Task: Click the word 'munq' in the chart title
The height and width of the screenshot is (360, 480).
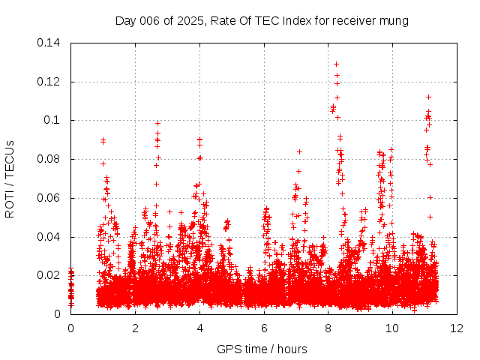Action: (393, 21)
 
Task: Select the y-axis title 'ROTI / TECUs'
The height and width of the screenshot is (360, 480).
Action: (10, 178)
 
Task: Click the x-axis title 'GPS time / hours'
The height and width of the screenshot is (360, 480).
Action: (262, 349)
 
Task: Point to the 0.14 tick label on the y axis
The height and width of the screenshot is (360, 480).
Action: (50, 42)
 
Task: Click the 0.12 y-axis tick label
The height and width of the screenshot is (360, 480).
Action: (50, 81)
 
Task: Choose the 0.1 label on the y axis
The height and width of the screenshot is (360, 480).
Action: (54, 120)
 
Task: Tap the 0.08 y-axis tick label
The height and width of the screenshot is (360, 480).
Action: (50, 159)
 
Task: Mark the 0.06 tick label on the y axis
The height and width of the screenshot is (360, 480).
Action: (50, 198)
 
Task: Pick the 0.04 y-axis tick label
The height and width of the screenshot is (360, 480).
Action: (50, 237)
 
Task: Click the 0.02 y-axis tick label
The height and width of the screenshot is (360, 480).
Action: (50, 275)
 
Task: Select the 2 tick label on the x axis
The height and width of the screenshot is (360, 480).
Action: (135, 328)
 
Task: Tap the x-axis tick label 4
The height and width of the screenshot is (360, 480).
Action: (199, 328)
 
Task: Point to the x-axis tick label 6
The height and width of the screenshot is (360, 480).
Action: (264, 328)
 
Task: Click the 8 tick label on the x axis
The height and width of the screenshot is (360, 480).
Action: (328, 328)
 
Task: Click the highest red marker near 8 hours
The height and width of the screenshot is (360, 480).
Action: (336, 64)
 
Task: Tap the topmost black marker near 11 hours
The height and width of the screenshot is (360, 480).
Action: (428, 97)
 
